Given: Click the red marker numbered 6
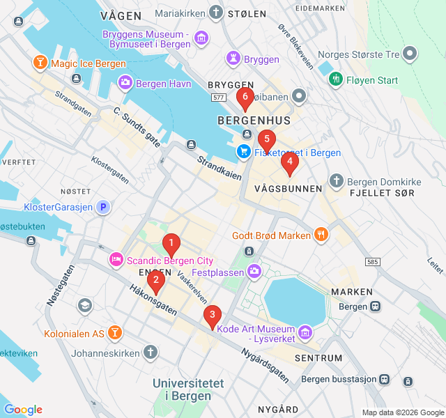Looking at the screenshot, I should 245,99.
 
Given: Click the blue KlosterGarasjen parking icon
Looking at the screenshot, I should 103,207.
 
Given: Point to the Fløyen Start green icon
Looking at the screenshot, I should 335,80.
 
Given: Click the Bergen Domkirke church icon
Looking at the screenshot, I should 337,181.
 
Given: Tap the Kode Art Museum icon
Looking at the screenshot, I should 305,333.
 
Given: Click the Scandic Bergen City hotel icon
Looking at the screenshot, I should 116,261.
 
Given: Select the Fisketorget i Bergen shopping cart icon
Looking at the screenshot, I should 243,151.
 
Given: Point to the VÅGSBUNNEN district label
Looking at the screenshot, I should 289,189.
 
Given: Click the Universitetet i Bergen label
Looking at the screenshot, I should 188,389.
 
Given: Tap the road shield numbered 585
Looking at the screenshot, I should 372,262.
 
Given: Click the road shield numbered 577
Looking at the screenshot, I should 218,98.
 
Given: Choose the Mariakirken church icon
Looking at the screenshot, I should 217,13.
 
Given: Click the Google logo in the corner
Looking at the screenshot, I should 23,410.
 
